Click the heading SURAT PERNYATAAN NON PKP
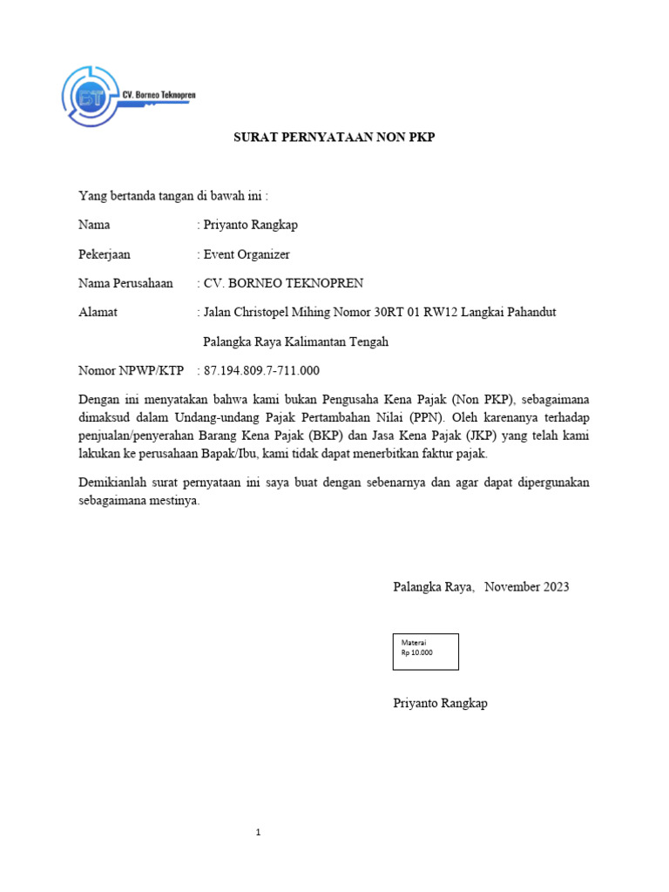334,138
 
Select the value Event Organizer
247,254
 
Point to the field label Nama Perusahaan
125,283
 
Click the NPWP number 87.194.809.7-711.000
261,370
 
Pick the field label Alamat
98,312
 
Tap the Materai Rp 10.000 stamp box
425,651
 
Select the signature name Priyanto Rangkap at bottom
440,703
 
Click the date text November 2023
527,586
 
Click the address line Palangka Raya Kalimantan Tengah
295,341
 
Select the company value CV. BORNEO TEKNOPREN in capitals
283,283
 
